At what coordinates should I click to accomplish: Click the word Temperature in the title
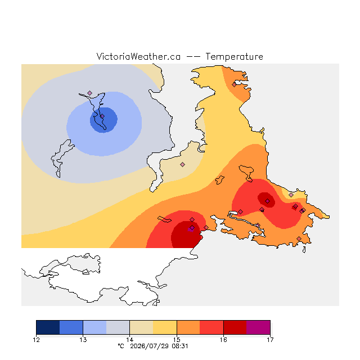[x=234, y=56]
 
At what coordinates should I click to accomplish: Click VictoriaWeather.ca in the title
[x=138, y=56]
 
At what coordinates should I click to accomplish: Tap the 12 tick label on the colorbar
[x=36, y=340]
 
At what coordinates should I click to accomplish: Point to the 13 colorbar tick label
[x=83, y=340]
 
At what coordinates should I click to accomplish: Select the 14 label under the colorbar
[x=130, y=340]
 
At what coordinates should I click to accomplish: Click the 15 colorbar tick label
[x=177, y=340]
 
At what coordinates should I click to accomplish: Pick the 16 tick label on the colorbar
[x=223, y=340]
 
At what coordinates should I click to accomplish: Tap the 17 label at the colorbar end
[x=270, y=340]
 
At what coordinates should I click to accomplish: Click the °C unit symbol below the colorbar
[x=121, y=346]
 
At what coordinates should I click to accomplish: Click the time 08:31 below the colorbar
[x=180, y=346]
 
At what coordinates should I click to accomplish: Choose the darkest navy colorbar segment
[x=48, y=327]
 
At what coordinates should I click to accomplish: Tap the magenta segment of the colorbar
[x=258, y=327]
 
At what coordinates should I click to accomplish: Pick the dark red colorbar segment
[x=235, y=327]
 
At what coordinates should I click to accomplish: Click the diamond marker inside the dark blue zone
[x=102, y=116]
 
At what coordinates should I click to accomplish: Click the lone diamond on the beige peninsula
[x=182, y=164]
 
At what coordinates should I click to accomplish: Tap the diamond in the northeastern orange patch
[x=234, y=85]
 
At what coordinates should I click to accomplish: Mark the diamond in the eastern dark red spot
[x=268, y=201]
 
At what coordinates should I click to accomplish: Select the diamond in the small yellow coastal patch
[x=291, y=195]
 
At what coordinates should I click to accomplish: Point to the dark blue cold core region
[x=103, y=120]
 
